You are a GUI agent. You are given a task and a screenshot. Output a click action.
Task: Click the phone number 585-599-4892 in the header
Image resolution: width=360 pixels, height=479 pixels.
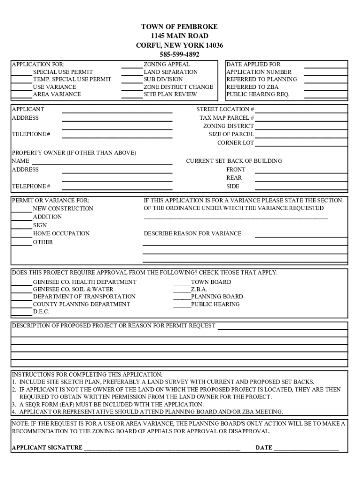(x=180, y=54)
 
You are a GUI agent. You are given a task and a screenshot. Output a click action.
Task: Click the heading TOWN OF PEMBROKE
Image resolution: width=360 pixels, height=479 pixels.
(x=180, y=27)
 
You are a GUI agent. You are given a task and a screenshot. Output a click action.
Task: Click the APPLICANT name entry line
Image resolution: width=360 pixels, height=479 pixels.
(x=117, y=111)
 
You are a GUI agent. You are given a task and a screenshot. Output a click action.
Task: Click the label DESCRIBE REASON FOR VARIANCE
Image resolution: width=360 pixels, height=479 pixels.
(x=193, y=233)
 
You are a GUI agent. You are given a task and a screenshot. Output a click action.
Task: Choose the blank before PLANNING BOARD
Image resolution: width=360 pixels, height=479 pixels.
(x=182, y=298)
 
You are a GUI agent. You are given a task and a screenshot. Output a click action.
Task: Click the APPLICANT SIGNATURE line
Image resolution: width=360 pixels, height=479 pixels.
(x=162, y=449)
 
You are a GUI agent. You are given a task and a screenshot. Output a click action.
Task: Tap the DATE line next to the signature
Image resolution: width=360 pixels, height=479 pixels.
(x=306, y=449)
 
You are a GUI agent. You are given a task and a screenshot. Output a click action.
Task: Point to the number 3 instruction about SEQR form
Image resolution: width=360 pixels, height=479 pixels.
(x=108, y=404)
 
